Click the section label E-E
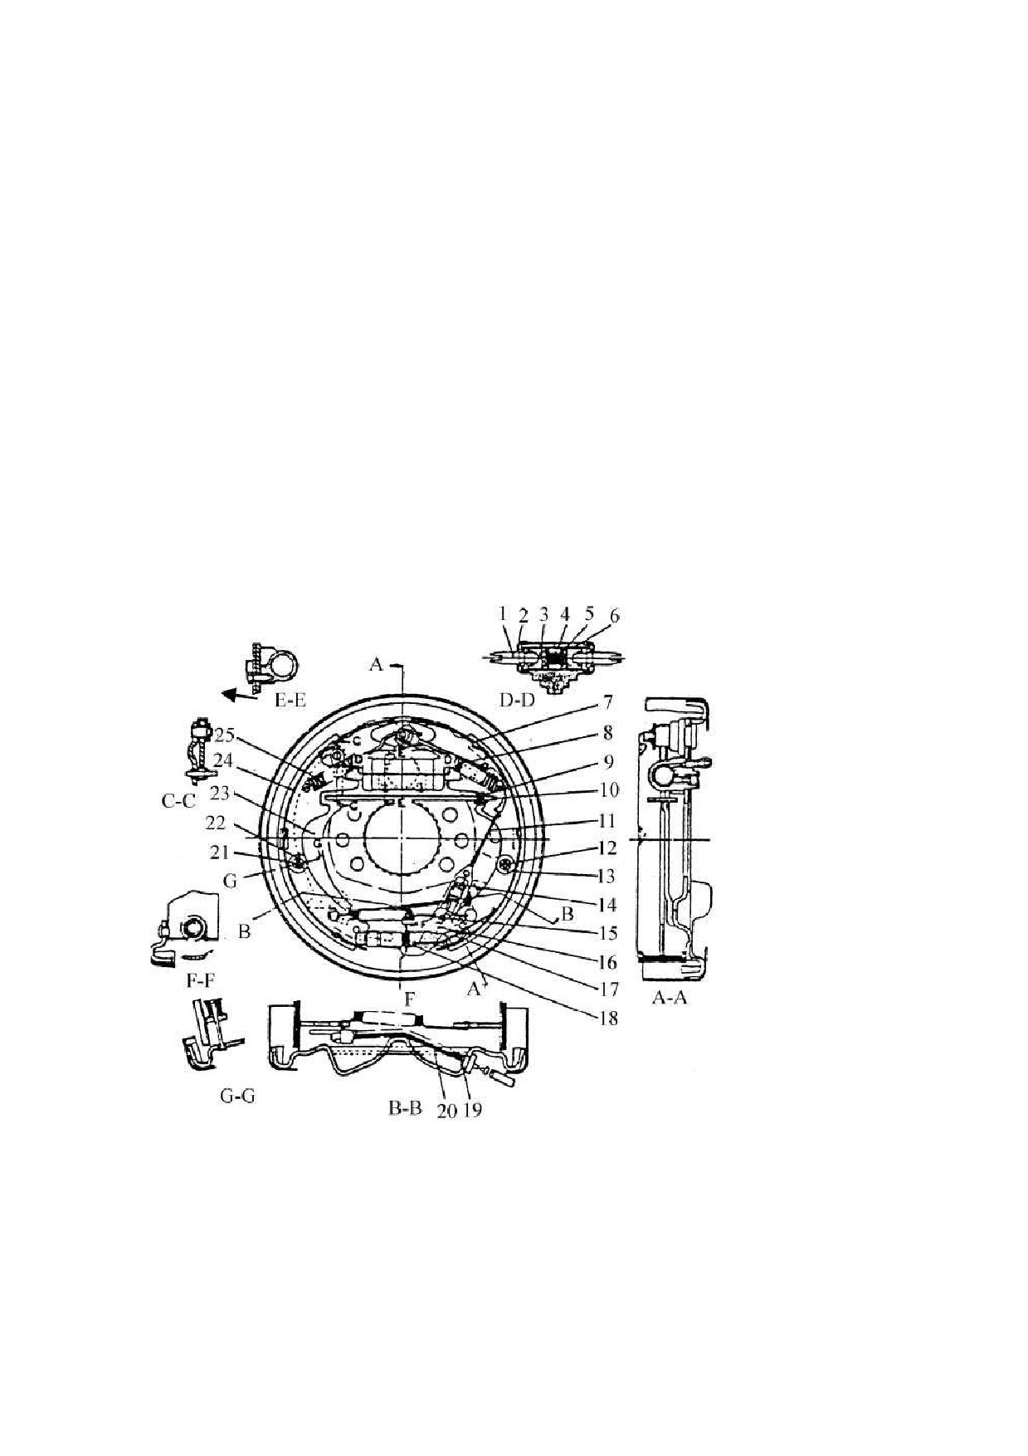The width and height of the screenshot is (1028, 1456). tap(290, 700)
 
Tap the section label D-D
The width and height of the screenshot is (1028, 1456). tap(517, 700)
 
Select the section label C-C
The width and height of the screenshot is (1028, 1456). tap(178, 802)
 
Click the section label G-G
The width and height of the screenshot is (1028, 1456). tap(237, 1095)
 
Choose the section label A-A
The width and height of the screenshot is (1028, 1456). tap(670, 998)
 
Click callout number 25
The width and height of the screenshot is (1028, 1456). tap(226, 735)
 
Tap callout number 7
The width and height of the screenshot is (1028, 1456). tap(608, 703)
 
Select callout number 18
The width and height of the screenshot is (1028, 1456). tap(608, 1018)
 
